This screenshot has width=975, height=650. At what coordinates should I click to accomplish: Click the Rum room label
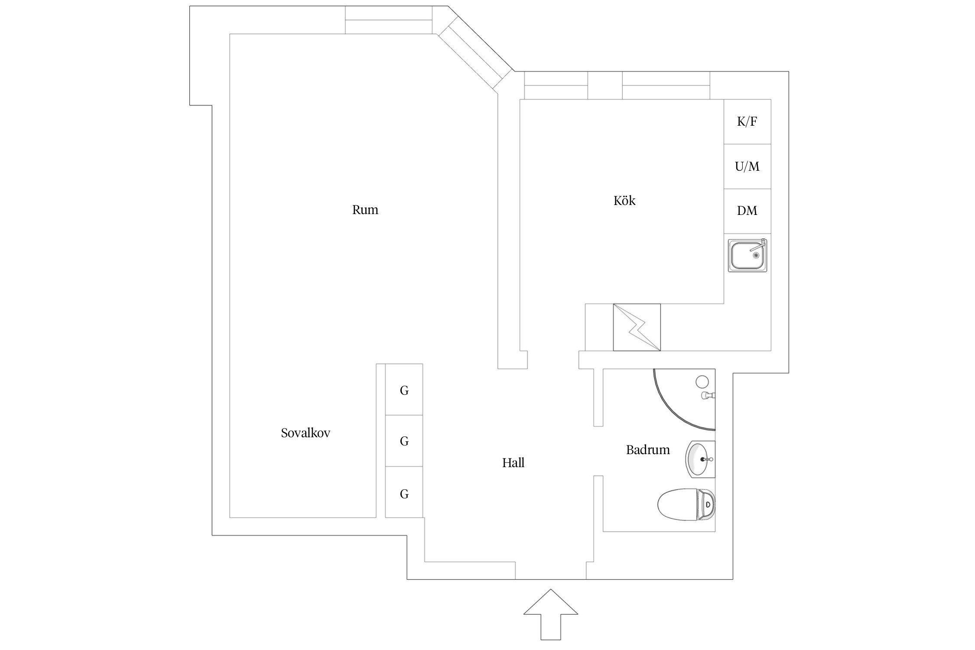365,210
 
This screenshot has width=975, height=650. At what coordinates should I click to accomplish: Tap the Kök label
624,201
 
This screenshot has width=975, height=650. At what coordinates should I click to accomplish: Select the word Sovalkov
305,433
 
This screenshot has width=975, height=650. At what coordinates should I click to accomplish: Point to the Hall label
513,463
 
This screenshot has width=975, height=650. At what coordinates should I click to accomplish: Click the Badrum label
648,450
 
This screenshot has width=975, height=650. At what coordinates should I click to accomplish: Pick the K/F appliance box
747,122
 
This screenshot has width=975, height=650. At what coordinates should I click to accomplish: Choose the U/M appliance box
747,166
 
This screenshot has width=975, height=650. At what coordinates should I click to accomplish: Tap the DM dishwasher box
747,211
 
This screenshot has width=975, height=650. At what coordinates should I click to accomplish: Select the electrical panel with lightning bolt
637,327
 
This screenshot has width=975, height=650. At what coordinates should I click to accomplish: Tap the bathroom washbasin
699,459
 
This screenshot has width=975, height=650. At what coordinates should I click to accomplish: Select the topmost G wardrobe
404,390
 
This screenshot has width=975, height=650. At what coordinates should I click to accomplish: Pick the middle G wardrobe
404,441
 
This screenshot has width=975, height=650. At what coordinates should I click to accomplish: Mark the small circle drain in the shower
702,382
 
